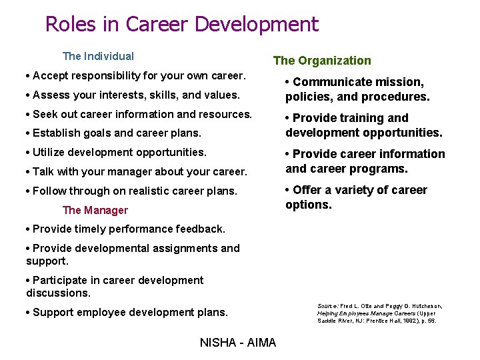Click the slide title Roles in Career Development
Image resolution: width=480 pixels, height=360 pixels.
[x=182, y=25]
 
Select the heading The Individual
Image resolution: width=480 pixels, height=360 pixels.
[x=98, y=57]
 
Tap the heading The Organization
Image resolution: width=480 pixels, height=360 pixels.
[x=322, y=61]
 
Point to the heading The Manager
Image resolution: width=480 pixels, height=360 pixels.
[x=95, y=211]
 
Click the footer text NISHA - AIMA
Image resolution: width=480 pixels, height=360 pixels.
[x=238, y=343]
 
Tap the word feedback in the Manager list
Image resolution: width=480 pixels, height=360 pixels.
[x=200, y=229]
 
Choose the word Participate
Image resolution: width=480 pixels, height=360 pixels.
[x=63, y=281]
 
